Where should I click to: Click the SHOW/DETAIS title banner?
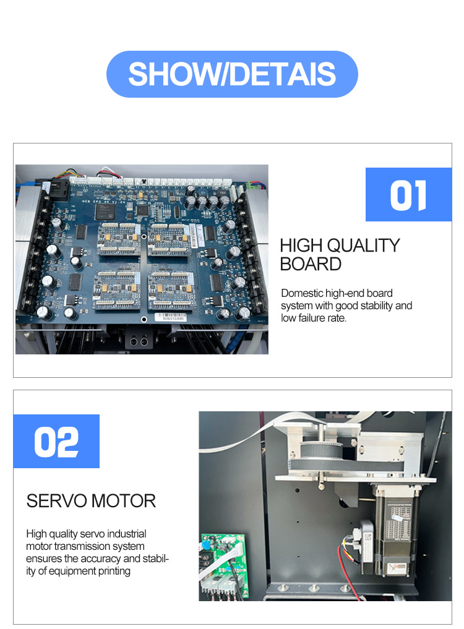point(232,74)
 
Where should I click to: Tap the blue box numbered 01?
point(408,194)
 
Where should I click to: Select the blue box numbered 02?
point(56,441)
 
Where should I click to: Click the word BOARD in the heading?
point(311,264)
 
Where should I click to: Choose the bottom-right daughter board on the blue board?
point(171,289)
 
